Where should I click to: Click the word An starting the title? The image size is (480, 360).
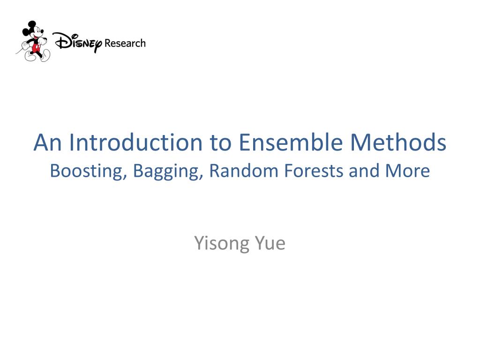pyautogui.click(x=48, y=143)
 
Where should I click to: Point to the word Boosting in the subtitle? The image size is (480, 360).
pyautogui.click(x=87, y=171)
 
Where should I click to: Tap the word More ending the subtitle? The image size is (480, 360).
pyautogui.click(x=407, y=171)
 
